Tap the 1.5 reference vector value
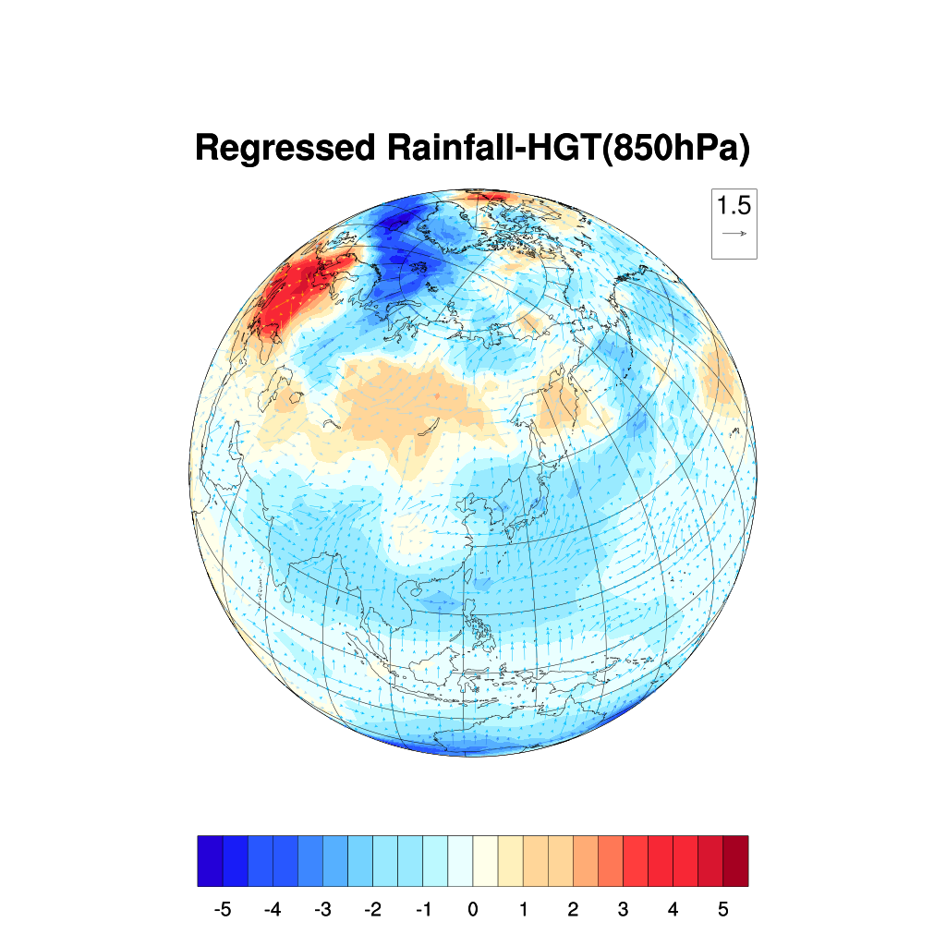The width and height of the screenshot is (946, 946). [x=734, y=204]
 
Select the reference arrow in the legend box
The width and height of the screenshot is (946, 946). [x=734, y=234]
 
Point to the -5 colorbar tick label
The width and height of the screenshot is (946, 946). [x=222, y=910]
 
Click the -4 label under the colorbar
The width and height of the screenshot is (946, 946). [x=272, y=910]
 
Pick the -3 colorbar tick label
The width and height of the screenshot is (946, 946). [x=321, y=910]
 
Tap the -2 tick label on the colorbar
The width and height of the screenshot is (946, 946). [x=372, y=910]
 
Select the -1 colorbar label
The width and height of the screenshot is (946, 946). [x=422, y=910]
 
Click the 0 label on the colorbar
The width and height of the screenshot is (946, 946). [x=473, y=910]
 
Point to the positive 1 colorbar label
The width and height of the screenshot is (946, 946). [x=523, y=910]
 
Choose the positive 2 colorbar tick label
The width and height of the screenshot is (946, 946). [x=573, y=910]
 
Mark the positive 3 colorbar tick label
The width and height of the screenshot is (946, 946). [x=623, y=910]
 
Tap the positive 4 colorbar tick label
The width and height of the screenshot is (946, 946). [x=673, y=910]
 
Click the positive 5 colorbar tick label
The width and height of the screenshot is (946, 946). [x=723, y=910]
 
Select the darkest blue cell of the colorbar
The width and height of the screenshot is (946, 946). [x=210, y=860]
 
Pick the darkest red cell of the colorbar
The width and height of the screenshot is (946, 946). [x=735, y=860]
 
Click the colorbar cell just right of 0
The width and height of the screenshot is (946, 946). [x=485, y=860]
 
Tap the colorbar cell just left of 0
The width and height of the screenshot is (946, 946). [x=460, y=860]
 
